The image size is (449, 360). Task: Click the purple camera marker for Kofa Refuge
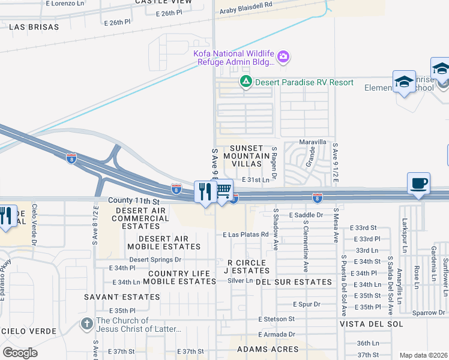[284, 58]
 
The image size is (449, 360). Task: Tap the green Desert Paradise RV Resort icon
[246, 82]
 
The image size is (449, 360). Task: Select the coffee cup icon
[418, 183]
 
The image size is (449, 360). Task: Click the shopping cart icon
[223, 190]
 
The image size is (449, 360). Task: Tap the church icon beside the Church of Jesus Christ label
[87, 325]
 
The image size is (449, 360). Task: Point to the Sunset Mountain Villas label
[243, 156]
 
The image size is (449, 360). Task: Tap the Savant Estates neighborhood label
[130, 297]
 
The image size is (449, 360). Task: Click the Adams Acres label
[268, 349]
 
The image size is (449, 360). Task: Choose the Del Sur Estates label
[294, 282]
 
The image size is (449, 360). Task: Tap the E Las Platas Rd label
[244, 235]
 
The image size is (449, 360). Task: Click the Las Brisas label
[34, 27]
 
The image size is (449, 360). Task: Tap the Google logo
[20, 352]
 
